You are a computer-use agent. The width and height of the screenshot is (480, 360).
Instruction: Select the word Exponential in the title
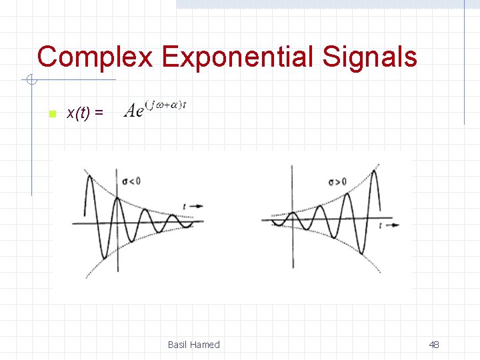(x=239, y=57)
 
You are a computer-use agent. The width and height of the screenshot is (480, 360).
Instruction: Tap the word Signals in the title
(x=370, y=57)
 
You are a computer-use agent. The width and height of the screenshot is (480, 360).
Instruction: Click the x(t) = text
(x=85, y=113)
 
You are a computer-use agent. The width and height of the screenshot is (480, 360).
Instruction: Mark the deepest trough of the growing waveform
(x=361, y=253)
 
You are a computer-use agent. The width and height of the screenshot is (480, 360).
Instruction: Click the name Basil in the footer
(x=177, y=345)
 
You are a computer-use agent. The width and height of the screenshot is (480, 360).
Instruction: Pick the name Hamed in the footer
(x=205, y=345)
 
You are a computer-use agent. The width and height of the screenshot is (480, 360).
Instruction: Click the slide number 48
(x=434, y=345)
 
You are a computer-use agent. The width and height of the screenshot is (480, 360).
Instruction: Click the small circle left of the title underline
(x=31, y=81)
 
